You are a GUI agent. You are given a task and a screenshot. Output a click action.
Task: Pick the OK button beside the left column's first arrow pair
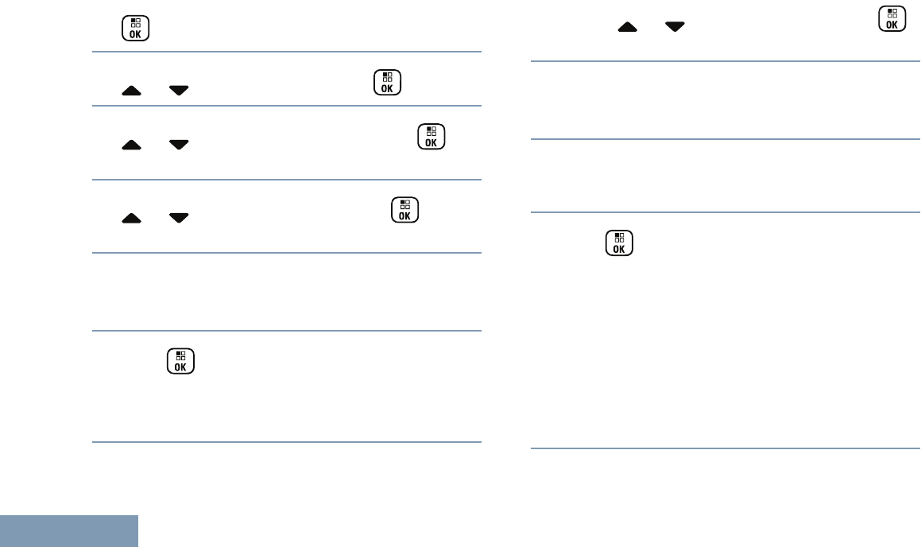[386, 83]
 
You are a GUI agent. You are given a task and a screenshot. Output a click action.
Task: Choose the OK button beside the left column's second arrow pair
[431, 136]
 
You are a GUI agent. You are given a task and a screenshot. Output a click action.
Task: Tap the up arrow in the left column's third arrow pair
[132, 217]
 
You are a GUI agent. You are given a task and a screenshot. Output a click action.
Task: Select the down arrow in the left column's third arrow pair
[179, 217]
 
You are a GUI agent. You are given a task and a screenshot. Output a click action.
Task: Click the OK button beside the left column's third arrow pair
[404, 210]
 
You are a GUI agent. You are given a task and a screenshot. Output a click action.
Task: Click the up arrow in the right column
[628, 27]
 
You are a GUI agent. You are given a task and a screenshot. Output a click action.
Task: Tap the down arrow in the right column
[675, 27]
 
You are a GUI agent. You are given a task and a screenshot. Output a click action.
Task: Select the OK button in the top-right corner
[891, 19]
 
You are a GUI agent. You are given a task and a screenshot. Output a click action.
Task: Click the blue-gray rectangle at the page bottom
[69, 531]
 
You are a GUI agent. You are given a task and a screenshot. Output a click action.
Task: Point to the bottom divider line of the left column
[287, 442]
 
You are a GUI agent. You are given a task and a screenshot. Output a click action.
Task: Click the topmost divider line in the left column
[287, 52]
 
